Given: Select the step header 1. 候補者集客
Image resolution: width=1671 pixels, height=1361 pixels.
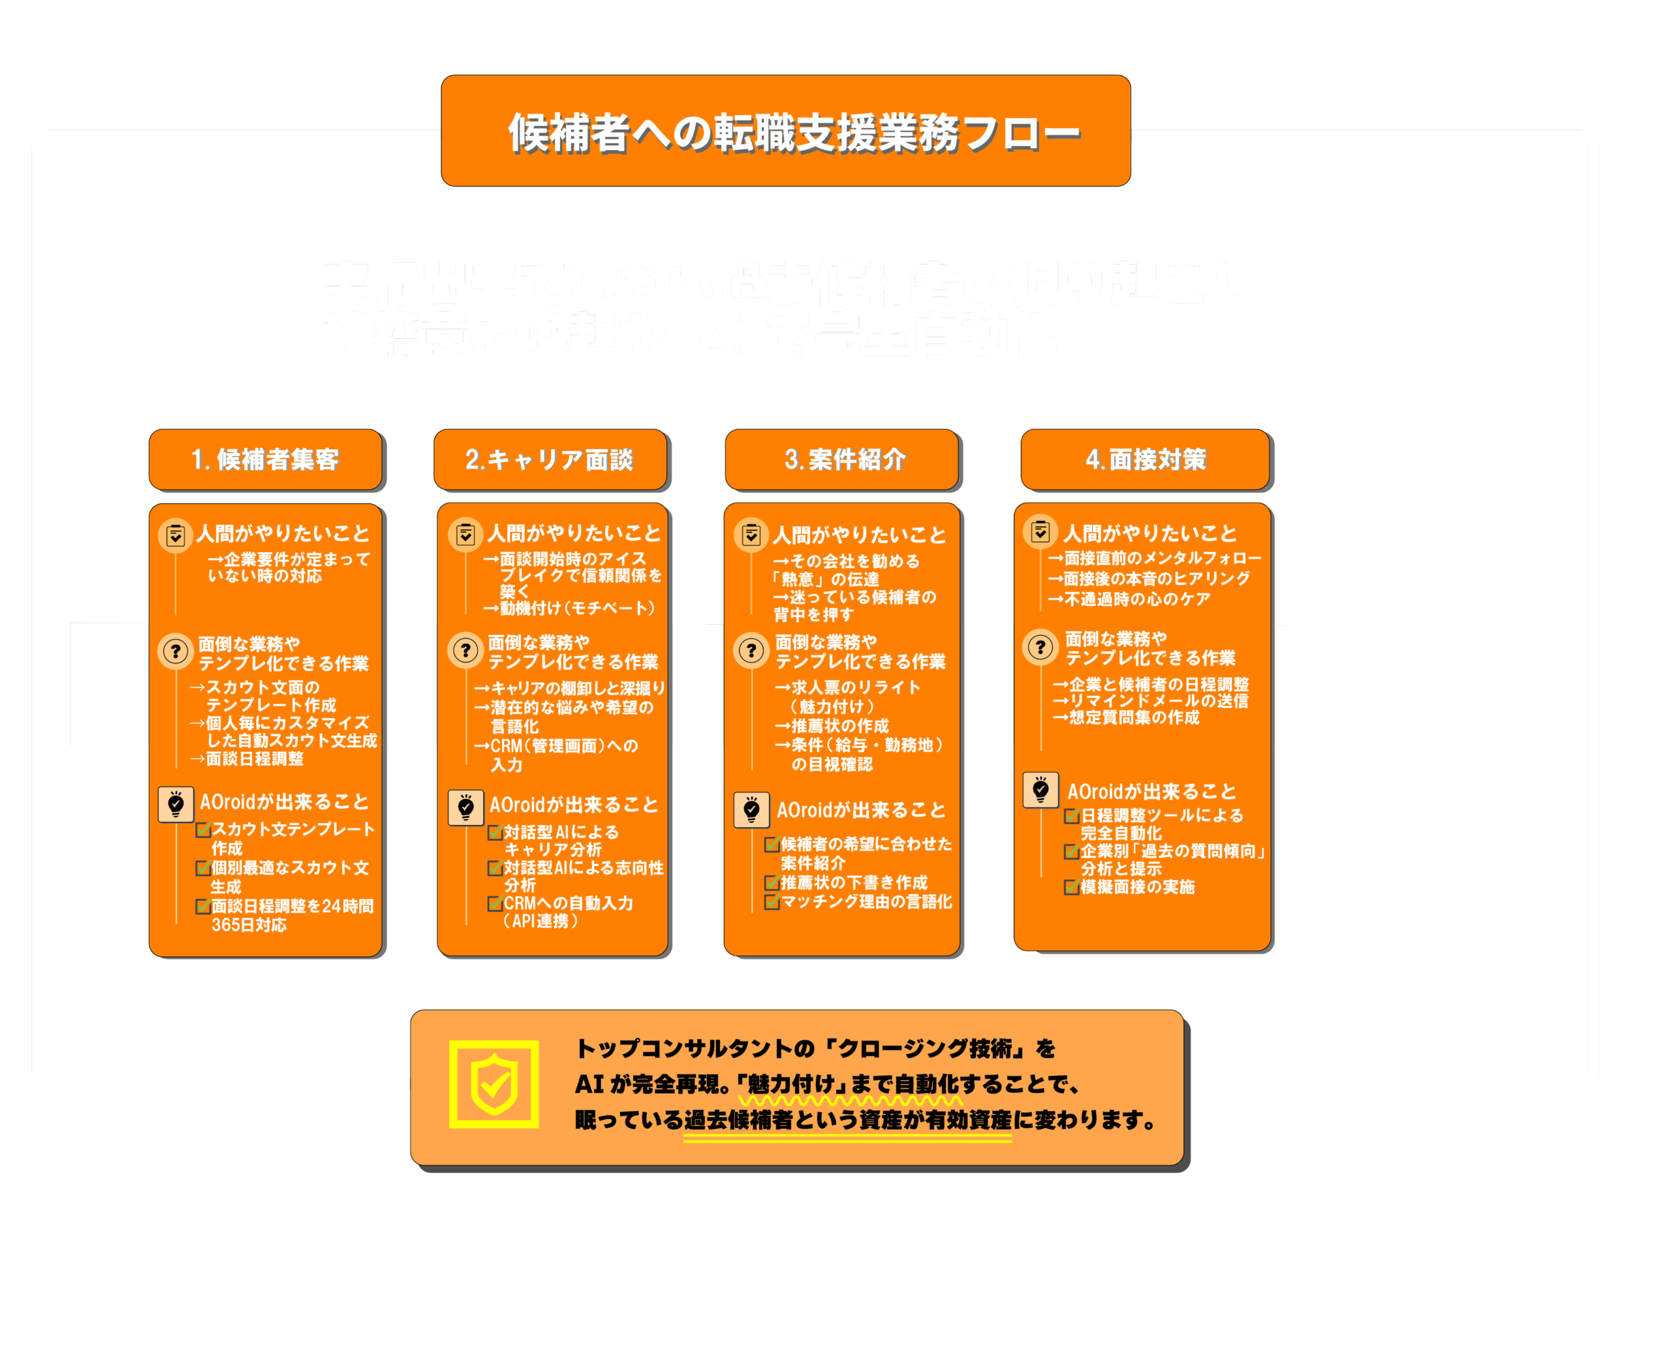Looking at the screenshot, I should pyautogui.click(x=265, y=460).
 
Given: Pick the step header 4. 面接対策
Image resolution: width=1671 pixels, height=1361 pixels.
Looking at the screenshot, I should pyautogui.click(x=1145, y=460).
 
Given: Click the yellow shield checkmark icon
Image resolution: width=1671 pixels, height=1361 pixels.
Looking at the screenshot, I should pyautogui.click(x=493, y=1084).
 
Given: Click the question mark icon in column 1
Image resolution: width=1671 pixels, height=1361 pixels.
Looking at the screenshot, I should pyautogui.click(x=176, y=651).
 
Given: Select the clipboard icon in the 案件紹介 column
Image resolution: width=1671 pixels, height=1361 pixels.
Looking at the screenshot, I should pyautogui.click(x=751, y=535).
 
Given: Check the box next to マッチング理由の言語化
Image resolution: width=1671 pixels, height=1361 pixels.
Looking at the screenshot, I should pyautogui.click(x=772, y=902).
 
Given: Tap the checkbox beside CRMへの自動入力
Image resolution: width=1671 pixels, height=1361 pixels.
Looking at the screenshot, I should pyautogui.click(x=495, y=904).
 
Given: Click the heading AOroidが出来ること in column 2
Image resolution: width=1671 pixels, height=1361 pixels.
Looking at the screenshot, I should pyautogui.click(x=573, y=805).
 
